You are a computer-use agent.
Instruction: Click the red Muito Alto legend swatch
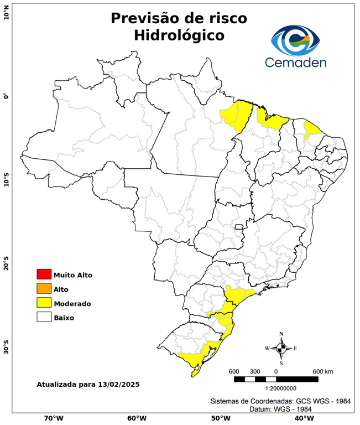(x=44, y=274)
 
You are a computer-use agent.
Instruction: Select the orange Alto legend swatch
(x=44, y=288)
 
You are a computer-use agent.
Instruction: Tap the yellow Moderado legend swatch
(x=44, y=303)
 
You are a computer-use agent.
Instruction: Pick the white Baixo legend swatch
(x=44, y=317)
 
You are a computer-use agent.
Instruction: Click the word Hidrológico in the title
(x=179, y=35)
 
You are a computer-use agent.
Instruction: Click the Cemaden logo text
(x=296, y=62)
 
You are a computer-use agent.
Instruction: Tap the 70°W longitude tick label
(x=53, y=418)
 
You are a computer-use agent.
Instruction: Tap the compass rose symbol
(x=281, y=348)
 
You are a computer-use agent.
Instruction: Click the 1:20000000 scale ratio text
(x=283, y=388)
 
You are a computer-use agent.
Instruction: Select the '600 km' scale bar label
(x=323, y=371)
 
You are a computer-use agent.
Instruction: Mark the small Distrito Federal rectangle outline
(x=239, y=227)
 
